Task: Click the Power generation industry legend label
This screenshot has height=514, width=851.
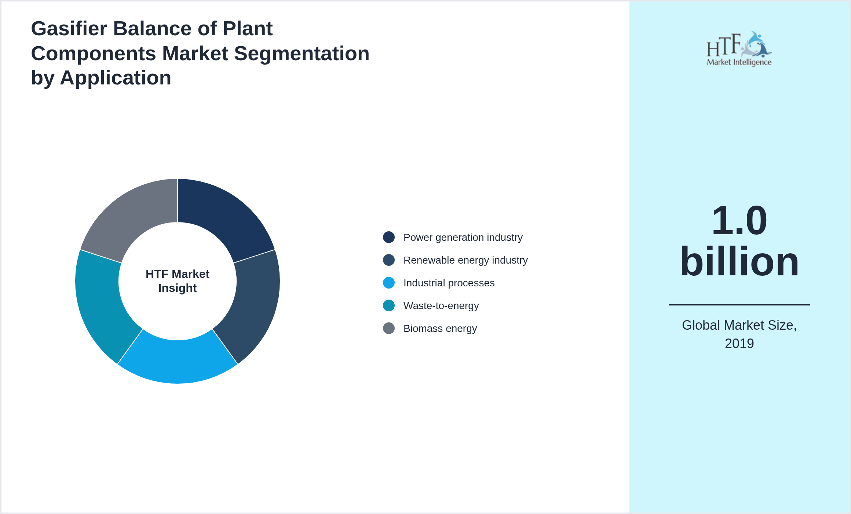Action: click(463, 238)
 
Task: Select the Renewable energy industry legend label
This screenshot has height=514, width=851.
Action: click(465, 260)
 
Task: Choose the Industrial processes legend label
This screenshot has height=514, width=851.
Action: click(449, 283)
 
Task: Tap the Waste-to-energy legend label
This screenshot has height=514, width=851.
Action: click(441, 306)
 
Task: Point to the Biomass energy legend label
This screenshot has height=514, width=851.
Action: click(440, 329)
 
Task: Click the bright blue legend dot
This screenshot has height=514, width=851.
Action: click(389, 283)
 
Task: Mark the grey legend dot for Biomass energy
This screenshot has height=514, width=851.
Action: click(389, 329)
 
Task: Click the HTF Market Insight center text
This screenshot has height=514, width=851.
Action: click(178, 281)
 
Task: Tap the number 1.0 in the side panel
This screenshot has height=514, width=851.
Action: click(739, 221)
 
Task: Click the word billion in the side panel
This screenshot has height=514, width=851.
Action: click(739, 261)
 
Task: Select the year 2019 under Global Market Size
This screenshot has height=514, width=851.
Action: click(739, 344)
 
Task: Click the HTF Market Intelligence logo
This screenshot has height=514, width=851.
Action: click(739, 49)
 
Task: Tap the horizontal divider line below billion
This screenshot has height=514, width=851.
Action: click(739, 304)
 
